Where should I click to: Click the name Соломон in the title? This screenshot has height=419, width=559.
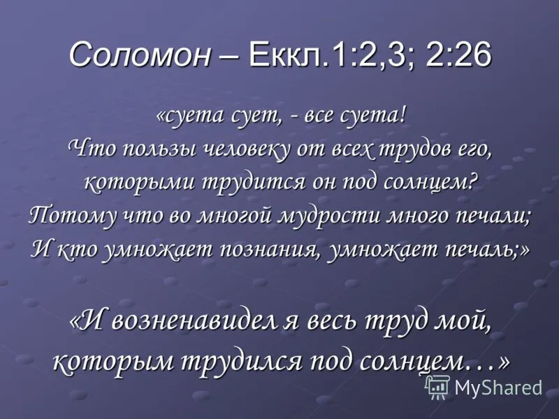click(140, 55)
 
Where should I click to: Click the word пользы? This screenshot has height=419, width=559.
click(159, 149)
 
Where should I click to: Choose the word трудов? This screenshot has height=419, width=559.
click(414, 149)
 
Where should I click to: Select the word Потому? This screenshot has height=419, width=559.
click(73, 217)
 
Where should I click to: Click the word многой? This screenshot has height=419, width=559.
click(236, 217)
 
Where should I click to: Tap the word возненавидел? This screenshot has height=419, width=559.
click(195, 322)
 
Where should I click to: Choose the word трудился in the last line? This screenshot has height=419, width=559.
click(242, 362)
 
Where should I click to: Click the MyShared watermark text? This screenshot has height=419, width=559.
click(498, 387)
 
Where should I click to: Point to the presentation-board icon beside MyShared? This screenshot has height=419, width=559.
click(438, 387)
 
